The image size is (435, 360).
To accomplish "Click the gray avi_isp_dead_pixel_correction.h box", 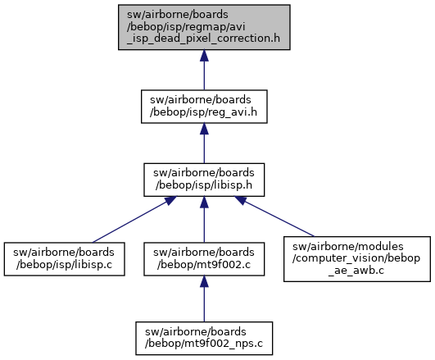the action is coord(204,27).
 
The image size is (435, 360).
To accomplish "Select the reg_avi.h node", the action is coord(204,107).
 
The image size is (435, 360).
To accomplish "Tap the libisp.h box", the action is coord(204,180).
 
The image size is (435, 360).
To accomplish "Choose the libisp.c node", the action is coord(65,259).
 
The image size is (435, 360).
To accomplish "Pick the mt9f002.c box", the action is coord(204,259).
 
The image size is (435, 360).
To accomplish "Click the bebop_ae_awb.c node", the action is coord(357,259).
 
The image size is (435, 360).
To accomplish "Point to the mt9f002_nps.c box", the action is coord(204,339).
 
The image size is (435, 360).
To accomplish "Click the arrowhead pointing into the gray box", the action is coord(204,56).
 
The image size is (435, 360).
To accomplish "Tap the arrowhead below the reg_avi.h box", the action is coord(204,129).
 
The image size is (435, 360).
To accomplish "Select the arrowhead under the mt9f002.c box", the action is coord(204,281).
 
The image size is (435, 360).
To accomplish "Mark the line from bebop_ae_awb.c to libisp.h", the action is coord(274,216).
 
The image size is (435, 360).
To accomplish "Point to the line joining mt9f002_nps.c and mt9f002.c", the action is coord(204,298).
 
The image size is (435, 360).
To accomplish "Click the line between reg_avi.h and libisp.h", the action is coord(204,144).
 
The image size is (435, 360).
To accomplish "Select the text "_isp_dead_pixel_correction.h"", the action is coord(203,39).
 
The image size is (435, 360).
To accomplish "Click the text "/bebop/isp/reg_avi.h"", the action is coord(203,112).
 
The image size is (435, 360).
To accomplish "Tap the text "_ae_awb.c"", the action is coord(356,271).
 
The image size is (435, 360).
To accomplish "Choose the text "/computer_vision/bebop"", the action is coord(356,258).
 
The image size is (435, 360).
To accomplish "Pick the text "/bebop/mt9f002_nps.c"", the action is coord(204,344).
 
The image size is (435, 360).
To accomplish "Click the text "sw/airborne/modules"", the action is coord(348,247).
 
